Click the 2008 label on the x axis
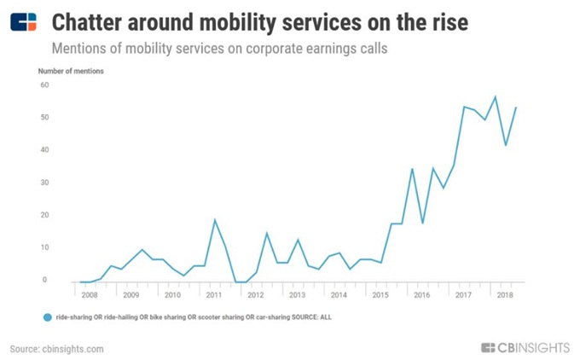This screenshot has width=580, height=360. (x=90, y=295)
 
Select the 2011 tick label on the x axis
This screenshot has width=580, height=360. (x=214, y=295)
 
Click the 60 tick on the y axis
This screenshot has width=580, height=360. (x=44, y=85)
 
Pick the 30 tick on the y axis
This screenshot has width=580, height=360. (x=44, y=183)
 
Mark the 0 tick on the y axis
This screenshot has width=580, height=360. (x=46, y=280)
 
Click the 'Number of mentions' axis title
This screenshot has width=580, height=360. (x=72, y=71)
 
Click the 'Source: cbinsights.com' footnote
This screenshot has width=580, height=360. (x=57, y=348)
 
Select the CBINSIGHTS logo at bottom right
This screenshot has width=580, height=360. (x=524, y=347)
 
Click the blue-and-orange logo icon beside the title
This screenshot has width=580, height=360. (x=24, y=21)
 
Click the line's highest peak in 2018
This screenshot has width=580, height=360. (x=495, y=96)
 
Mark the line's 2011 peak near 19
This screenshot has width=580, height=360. (x=215, y=220)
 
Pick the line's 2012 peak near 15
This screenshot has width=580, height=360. (x=267, y=233)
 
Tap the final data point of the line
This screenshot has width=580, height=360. (x=516, y=107)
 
